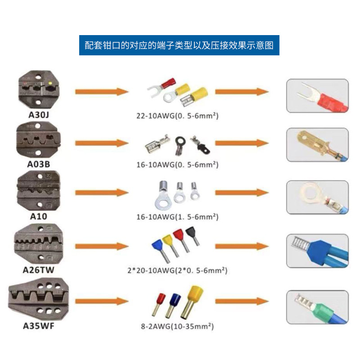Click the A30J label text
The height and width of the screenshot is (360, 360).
coord(39,115)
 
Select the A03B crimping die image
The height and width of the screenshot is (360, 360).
coord(38,139)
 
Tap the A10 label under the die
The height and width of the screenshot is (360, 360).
coord(39,216)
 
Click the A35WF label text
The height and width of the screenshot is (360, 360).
coord(39,326)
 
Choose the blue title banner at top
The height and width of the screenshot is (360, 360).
coord(179,45)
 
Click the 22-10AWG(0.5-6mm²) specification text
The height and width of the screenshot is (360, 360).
coord(177,116)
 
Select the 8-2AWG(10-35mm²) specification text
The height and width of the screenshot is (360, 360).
coord(177,326)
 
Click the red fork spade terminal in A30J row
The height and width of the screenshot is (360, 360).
coord(161,87)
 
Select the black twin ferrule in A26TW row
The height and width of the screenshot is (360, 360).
coord(193,236)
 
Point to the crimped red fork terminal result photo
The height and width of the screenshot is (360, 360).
coord(317,96)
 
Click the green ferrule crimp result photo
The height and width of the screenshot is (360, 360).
coord(317,307)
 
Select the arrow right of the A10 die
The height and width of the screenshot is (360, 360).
coord(102,193)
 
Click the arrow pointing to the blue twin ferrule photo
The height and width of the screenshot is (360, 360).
coord(242,246)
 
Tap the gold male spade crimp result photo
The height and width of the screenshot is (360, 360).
coord(317,145)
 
